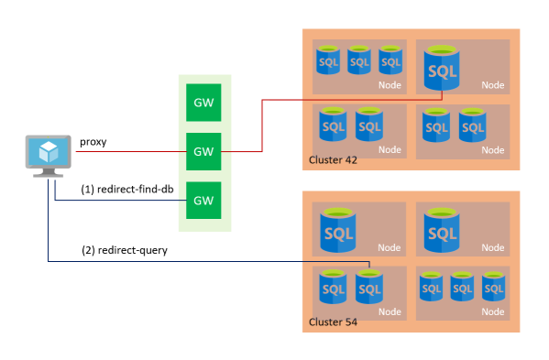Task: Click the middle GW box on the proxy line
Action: tap(203, 149)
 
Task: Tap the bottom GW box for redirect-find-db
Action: tap(203, 198)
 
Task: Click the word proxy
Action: tap(93, 141)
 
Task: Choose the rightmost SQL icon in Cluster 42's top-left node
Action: tap(391, 60)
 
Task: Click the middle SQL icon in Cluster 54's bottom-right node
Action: tap(463, 287)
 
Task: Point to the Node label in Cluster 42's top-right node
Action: tap(493, 85)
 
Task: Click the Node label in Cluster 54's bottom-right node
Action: tap(493, 310)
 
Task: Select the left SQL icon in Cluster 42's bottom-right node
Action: tap(436, 125)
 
